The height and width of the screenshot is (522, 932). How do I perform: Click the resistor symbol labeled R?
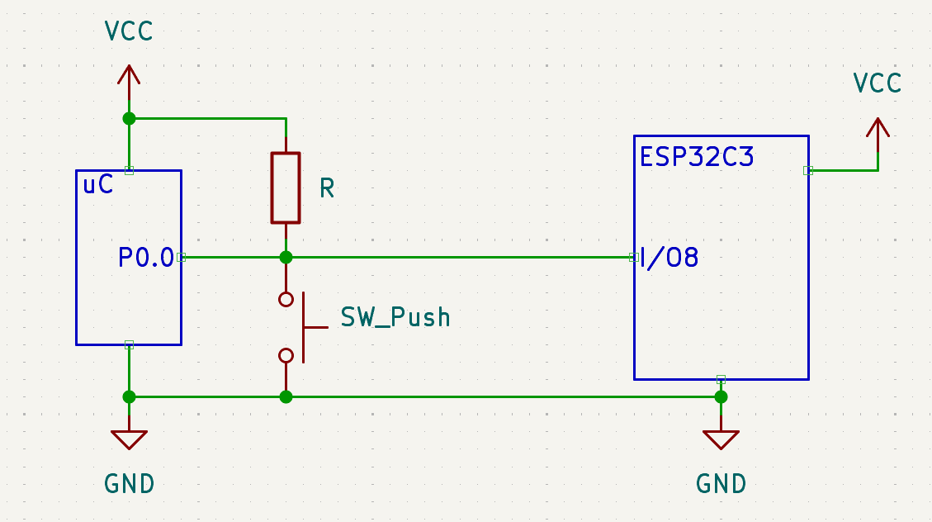tap(286, 187)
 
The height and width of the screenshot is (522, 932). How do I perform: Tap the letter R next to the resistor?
tap(327, 189)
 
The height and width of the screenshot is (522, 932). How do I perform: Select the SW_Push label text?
tap(395, 317)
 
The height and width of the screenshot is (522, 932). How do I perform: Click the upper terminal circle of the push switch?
tap(286, 299)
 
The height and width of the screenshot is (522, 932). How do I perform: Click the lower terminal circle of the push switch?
tap(286, 355)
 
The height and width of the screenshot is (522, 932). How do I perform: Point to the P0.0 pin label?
tap(146, 258)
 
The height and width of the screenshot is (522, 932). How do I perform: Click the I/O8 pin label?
tap(669, 258)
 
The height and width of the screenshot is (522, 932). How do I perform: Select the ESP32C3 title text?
tap(697, 157)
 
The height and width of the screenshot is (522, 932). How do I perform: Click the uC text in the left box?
tap(98, 186)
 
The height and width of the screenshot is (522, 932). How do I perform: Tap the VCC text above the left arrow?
tap(129, 32)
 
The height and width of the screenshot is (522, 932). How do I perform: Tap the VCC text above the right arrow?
tap(877, 83)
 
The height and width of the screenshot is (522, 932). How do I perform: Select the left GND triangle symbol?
tap(129, 439)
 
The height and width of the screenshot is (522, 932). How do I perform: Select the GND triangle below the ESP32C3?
tap(721, 439)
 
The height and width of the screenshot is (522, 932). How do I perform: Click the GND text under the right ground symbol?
tap(721, 484)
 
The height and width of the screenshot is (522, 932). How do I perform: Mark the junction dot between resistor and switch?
tap(286, 257)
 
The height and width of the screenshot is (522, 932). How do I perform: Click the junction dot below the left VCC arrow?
tap(129, 118)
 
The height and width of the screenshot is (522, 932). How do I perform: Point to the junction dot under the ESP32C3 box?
tap(721, 396)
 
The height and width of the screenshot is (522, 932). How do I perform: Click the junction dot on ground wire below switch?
tap(286, 396)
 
